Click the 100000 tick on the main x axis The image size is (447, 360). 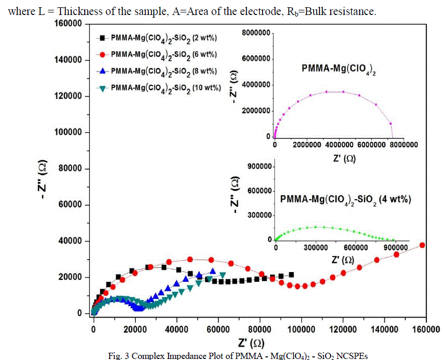(x=301, y=328)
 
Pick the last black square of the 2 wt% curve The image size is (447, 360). (x=291, y=275)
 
